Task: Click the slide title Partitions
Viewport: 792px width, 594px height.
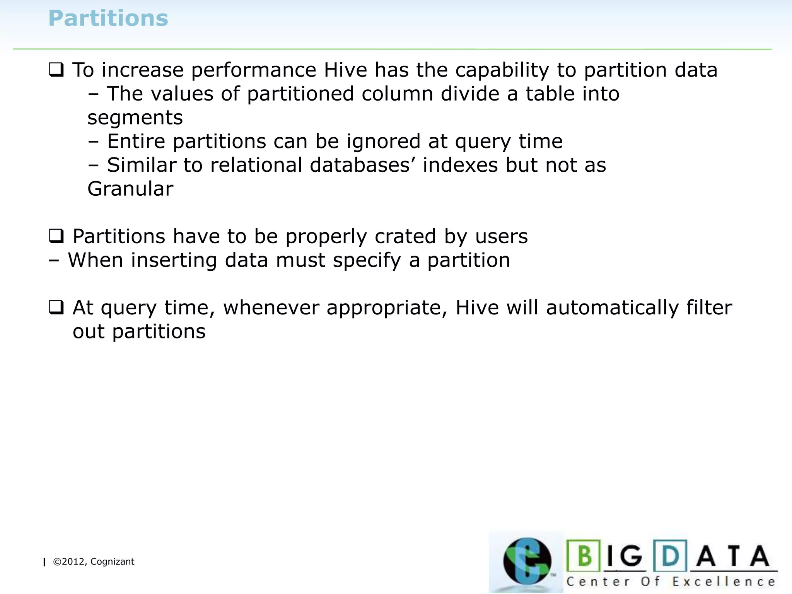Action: coord(108,18)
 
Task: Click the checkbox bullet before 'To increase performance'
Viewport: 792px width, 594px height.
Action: coord(56,70)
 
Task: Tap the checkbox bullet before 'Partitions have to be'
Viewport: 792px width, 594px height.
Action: coord(56,236)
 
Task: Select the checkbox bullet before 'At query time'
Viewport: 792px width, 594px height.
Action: coord(56,307)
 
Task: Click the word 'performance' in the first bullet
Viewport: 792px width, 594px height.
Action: coord(254,70)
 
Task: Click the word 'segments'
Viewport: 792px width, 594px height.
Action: coord(135,118)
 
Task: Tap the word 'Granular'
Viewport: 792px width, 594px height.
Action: coord(130,189)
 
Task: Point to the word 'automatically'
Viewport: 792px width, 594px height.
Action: coord(612,308)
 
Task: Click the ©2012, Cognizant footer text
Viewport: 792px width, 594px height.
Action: coord(93,562)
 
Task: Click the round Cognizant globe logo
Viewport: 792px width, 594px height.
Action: coord(527,561)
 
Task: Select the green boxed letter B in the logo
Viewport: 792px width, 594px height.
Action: coord(584,556)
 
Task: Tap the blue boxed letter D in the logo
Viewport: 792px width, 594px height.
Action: coord(670,556)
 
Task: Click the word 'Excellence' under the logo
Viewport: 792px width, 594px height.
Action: coord(724,582)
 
